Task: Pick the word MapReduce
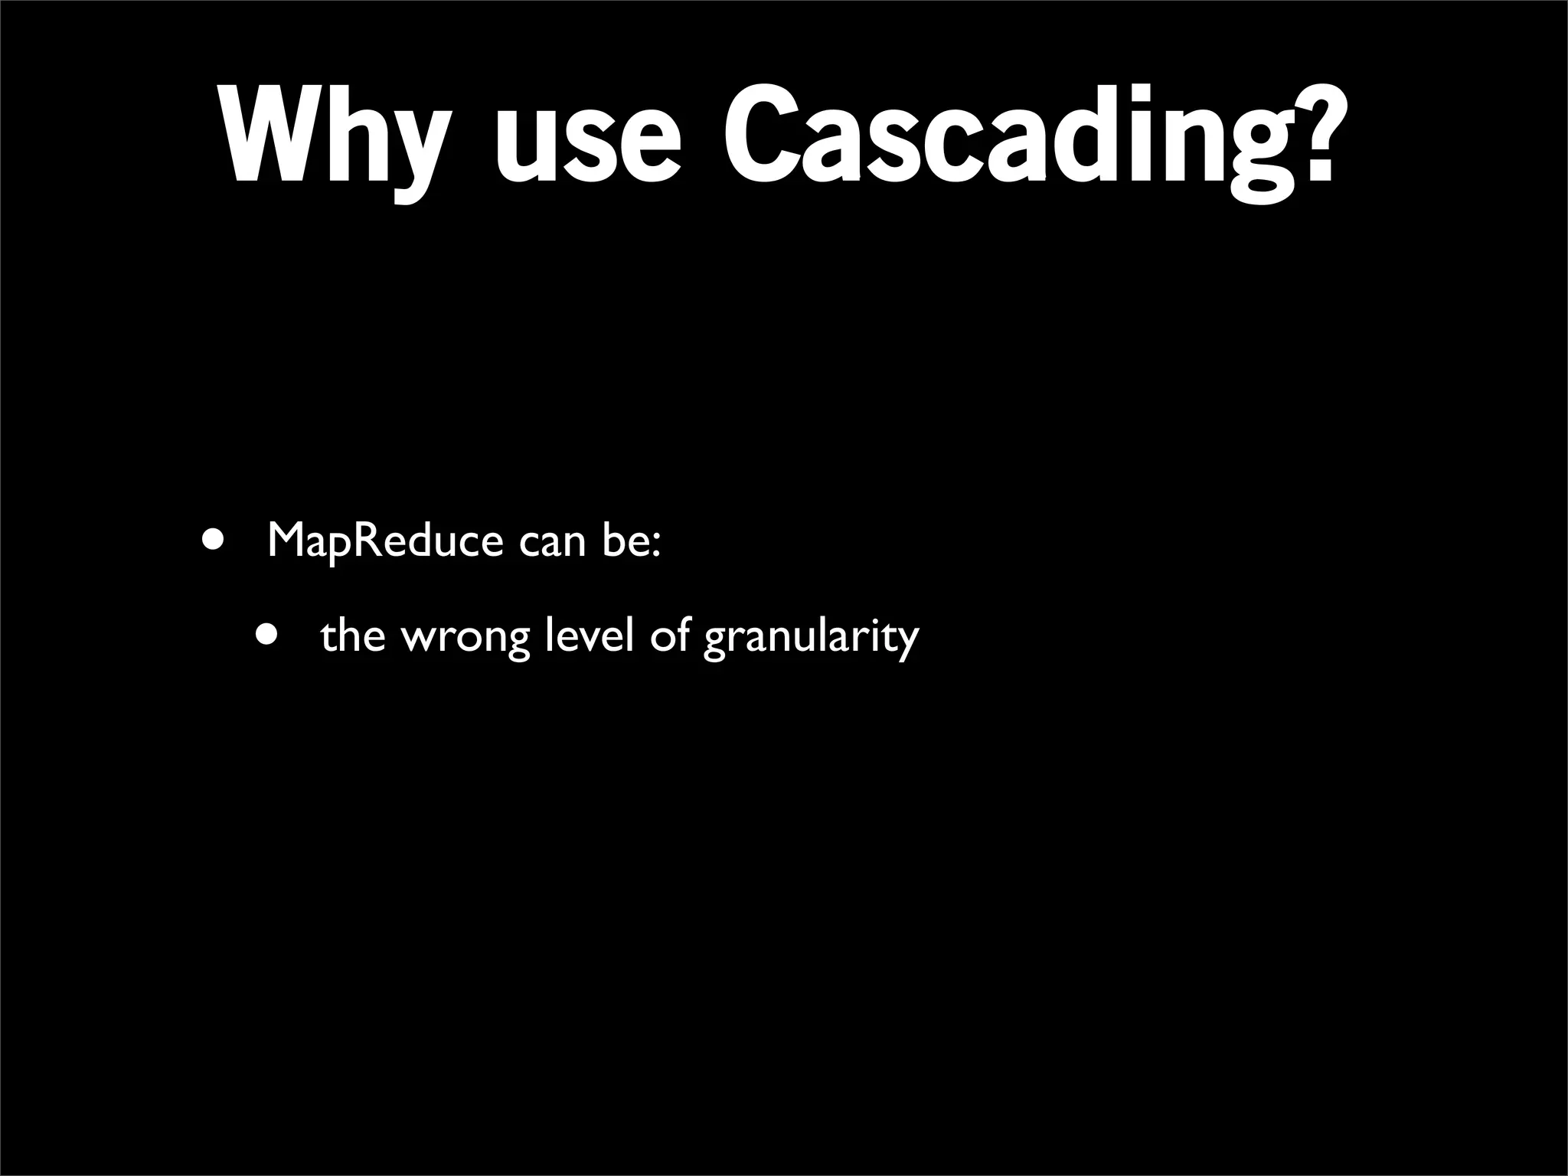[385, 542]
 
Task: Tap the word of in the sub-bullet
[671, 635]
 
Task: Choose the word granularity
[811, 640]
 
